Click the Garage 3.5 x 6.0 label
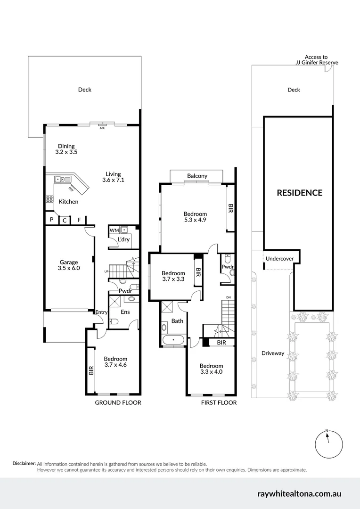(69, 265)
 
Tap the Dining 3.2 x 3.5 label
(66, 149)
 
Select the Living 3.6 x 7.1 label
(113, 177)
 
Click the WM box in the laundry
(114, 230)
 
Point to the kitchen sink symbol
(61, 179)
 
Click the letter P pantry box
(51, 219)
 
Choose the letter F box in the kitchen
(79, 219)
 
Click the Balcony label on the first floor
(197, 176)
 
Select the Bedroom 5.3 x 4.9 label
(195, 217)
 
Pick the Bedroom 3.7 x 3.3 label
(173, 276)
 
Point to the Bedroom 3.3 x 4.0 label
(211, 369)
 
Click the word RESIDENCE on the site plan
(299, 193)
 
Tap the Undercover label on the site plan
(279, 259)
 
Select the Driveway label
(273, 353)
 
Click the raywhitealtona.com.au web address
(299, 494)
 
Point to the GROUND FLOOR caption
(118, 402)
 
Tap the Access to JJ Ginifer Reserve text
(316, 60)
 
